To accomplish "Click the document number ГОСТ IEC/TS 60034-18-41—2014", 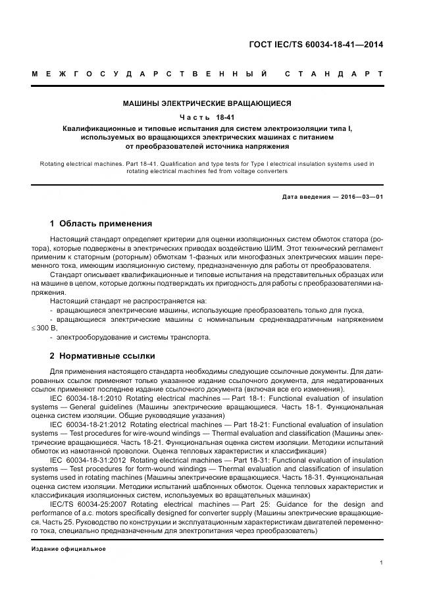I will point(316,45).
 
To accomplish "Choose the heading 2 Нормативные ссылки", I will point(103,356).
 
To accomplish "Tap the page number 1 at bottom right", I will point(381,563).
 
